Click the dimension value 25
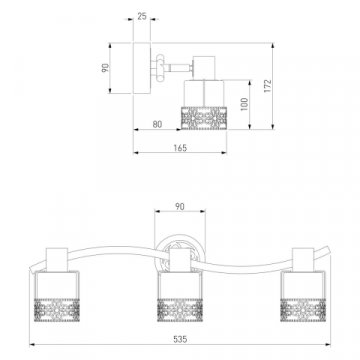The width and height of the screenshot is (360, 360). (x=142, y=16)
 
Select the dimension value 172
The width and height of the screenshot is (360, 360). (x=268, y=86)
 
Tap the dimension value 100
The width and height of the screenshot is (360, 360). (x=245, y=104)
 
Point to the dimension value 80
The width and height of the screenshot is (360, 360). (x=157, y=124)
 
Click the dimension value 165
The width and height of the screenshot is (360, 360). (x=180, y=148)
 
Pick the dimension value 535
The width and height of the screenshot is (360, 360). (x=180, y=339)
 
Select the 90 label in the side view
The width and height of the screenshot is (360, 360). (x=106, y=68)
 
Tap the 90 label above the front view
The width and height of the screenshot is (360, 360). (x=180, y=207)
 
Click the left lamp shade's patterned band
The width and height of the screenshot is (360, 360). (x=57, y=310)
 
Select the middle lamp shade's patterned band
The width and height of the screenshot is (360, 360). (x=180, y=310)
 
